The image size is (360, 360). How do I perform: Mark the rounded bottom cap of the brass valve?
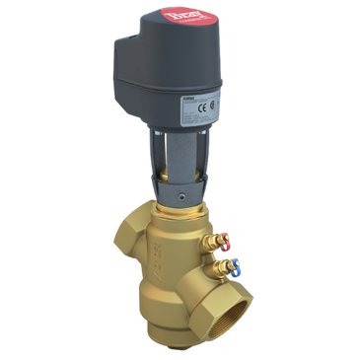[x=157, y=335]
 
